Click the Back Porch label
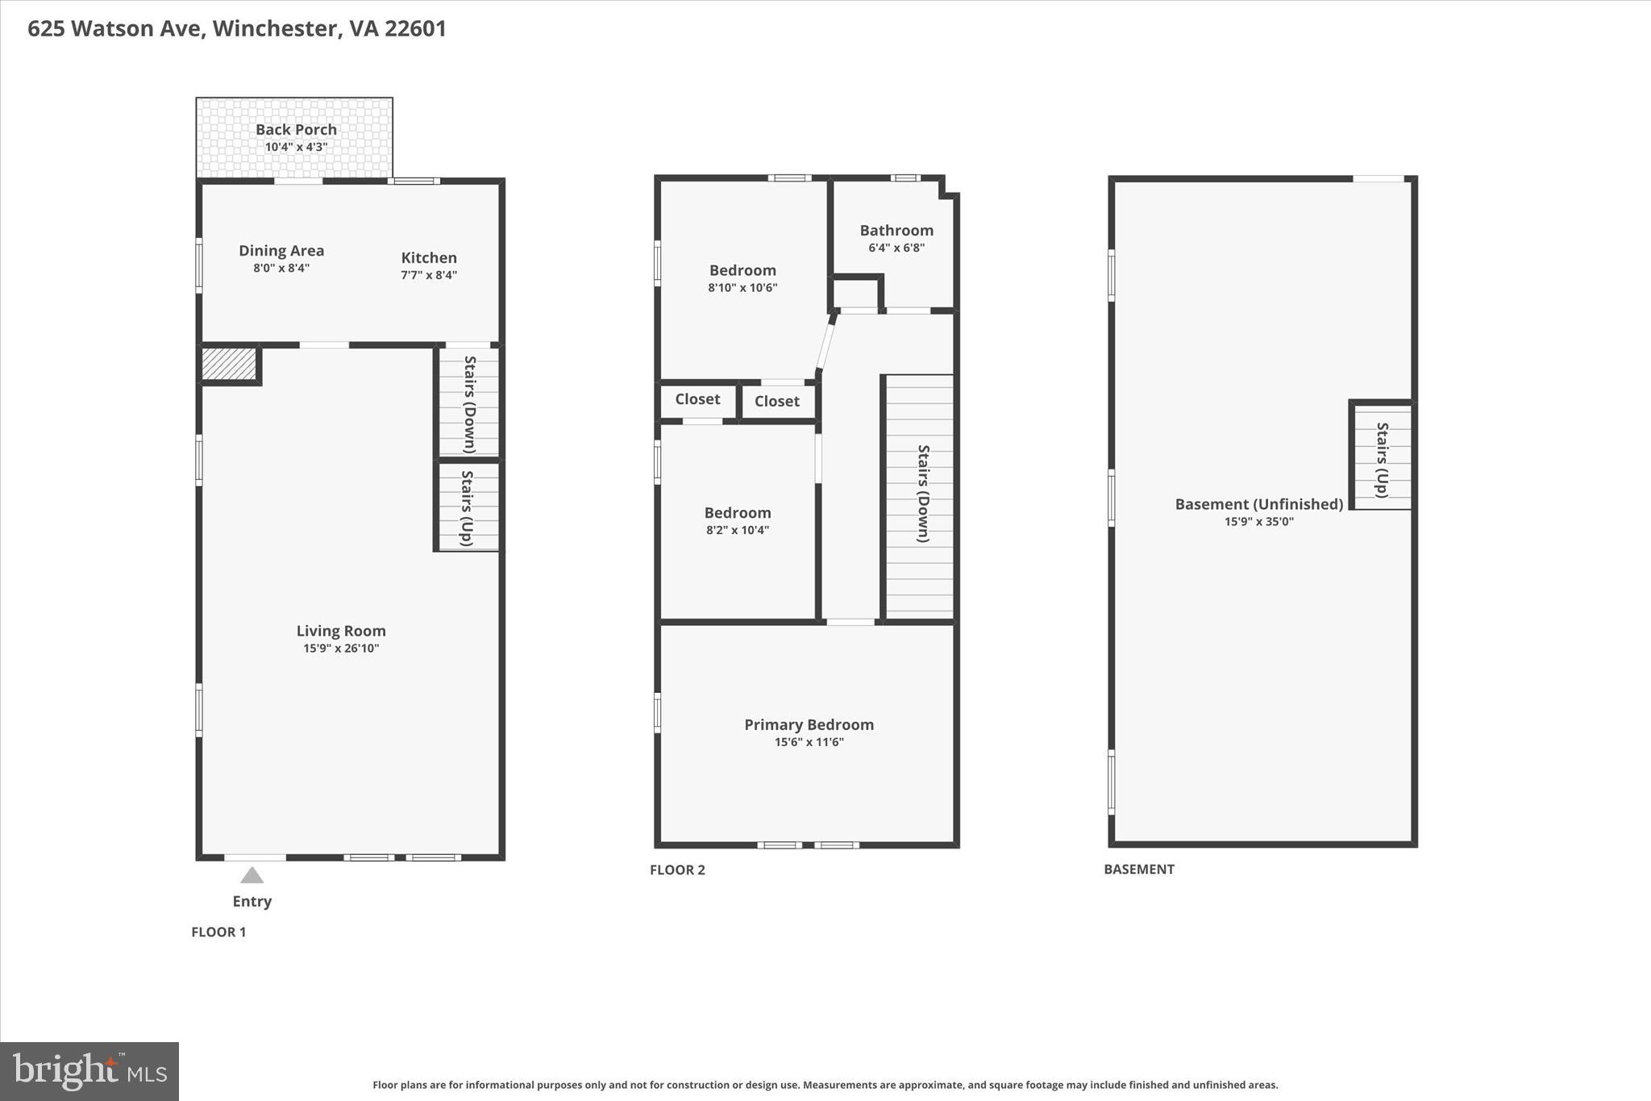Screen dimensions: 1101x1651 click(x=296, y=130)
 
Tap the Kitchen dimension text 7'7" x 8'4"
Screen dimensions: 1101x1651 click(x=429, y=275)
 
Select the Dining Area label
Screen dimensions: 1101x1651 click(x=281, y=251)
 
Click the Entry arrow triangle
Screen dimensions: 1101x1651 click(x=252, y=875)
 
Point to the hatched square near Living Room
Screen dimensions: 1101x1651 click(x=228, y=364)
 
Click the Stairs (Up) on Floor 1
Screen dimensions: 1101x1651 click(x=467, y=507)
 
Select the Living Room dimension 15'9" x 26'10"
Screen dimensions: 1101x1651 click(x=341, y=649)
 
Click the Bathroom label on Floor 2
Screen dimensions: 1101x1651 click(x=896, y=231)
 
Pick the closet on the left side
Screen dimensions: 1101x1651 click(x=697, y=399)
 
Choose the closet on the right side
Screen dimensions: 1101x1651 click(x=777, y=401)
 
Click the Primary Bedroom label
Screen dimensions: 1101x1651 click(x=809, y=724)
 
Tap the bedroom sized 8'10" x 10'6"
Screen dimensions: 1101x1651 click(x=742, y=278)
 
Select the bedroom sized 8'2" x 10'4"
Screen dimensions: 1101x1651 click(x=738, y=520)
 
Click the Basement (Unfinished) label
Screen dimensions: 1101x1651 click(x=1258, y=504)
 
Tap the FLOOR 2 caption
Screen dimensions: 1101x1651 click(x=677, y=870)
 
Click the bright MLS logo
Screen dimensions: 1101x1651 click(x=89, y=1071)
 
